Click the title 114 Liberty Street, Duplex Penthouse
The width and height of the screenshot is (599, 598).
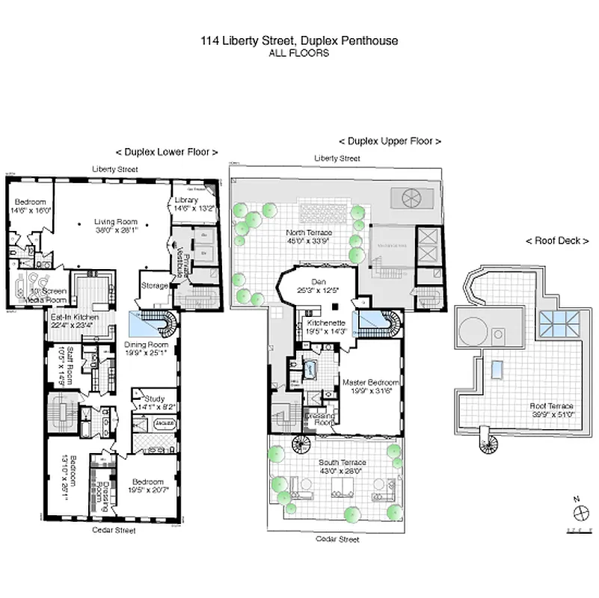299,41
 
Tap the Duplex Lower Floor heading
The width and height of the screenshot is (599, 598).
166,151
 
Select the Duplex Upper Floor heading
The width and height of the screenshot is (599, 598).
390,141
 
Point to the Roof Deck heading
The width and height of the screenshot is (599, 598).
557,241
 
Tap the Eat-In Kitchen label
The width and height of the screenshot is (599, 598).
73,321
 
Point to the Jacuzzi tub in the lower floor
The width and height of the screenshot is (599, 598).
164,424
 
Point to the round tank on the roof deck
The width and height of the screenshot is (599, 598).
473,328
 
